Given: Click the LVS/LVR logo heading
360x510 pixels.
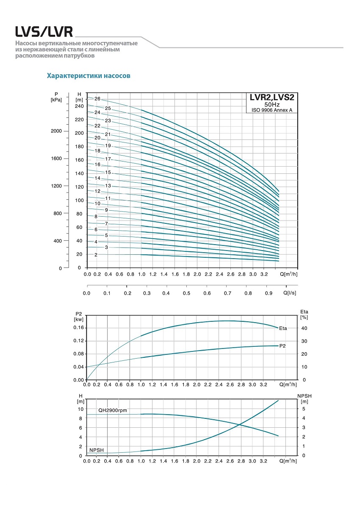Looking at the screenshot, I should (x=44, y=32).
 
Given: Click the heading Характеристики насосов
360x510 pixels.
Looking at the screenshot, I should (x=89, y=76).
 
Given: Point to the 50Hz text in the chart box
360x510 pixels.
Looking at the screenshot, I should (x=271, y=104).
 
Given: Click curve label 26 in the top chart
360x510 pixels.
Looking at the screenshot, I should (x=97, y=99).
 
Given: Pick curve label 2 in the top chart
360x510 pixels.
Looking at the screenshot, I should (x=96, y=255).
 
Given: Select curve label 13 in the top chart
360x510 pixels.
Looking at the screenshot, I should (x=96, y=186).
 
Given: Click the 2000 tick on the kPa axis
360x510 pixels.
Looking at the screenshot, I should (x=57, y=131).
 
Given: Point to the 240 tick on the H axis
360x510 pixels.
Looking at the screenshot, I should (x=79, y=106).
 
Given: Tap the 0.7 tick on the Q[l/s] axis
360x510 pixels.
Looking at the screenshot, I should (x=228, y=293).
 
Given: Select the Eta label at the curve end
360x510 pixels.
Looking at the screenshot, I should (x=283, y=328).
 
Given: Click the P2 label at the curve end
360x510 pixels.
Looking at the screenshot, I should (x=283, y=346).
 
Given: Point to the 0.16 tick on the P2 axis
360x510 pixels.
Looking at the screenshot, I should (x=79, y=328).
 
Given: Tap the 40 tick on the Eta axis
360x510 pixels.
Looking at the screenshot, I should (x=304, y=328).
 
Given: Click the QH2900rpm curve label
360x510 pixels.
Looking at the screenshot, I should (x=113, y=410).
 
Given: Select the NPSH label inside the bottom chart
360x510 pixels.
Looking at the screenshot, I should (x=97, y=450).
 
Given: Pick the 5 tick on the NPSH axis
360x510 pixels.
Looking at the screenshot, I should (x=303, y=409).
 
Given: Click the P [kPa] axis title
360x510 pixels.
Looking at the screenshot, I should (x=56, y=97).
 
